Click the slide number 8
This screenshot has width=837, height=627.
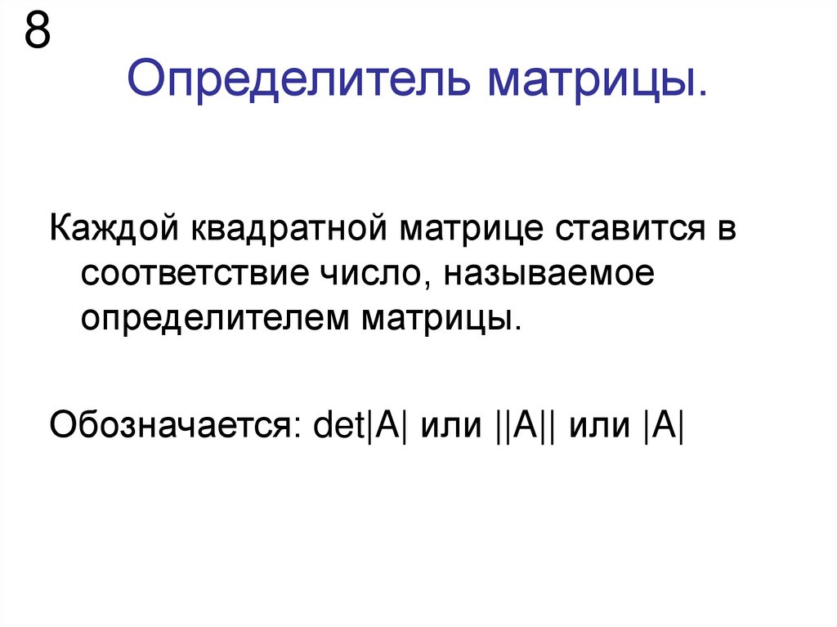point(38,33)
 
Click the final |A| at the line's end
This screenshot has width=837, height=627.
point(662,426)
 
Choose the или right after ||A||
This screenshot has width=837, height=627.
point(600,426)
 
